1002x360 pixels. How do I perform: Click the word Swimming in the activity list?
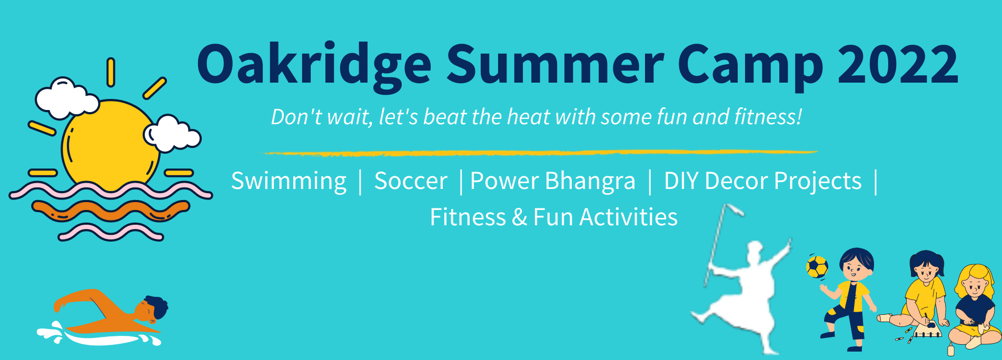click(x=289, y=182)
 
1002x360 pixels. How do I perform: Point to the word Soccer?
click(x=411, y=181)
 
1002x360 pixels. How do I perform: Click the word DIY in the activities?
click(x=681, y=181)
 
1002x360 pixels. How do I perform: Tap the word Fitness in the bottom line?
click(x=468, y=217)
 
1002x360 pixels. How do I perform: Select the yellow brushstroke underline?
click(x=540, y=153)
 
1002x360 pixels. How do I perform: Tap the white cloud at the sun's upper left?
click(x=66, y=98)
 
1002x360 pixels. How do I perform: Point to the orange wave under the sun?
click(x=111, y=210)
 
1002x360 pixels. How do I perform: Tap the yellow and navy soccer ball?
click(x=817, y=267)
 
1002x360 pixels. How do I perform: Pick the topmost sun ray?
click(x=111, y=72)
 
